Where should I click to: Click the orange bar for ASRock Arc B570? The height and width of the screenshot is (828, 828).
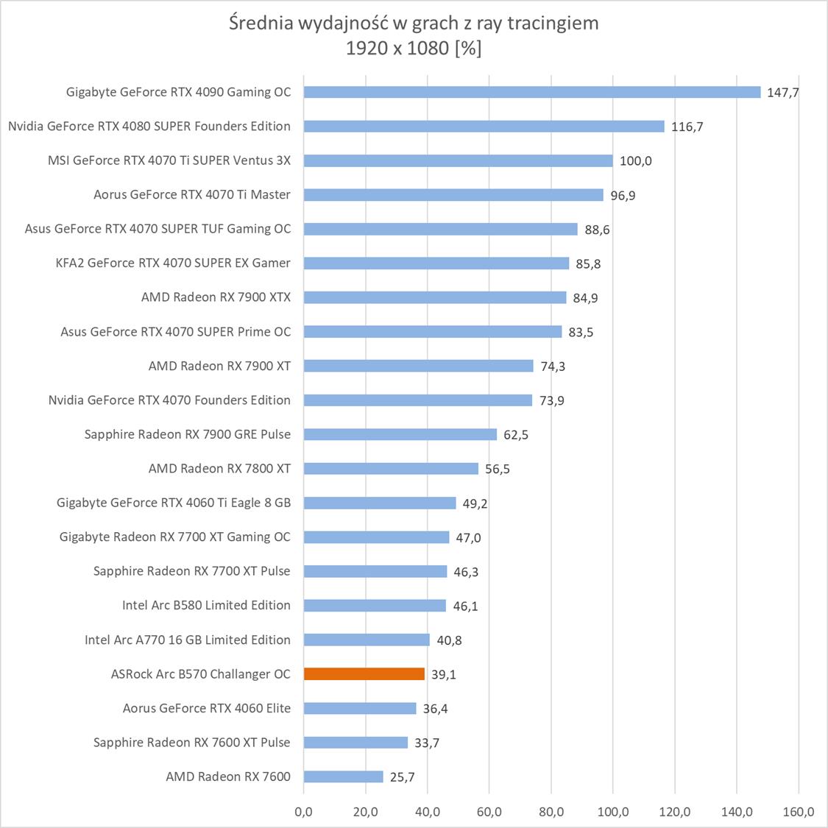click(364, 673)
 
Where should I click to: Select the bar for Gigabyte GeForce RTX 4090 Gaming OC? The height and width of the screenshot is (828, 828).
click(531, 92)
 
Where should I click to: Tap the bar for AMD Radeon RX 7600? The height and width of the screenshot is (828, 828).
click(343, 776)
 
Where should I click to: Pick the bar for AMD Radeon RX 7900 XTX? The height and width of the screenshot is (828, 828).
click(434, 297)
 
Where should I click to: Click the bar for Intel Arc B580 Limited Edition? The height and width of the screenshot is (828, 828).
click(375, 605)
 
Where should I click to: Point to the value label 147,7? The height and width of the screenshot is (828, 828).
click(782, 93)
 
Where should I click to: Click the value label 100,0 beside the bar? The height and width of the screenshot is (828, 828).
click(635, 161)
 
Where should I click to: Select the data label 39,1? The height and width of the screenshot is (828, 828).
click(443, 674)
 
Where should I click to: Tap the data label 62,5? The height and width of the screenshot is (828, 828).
click(515, 435)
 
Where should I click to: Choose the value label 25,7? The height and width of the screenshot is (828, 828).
click(402, 777)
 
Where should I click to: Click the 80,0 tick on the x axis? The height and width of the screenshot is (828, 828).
click(551, 812)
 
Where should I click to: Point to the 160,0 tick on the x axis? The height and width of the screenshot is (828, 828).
click(798, 812)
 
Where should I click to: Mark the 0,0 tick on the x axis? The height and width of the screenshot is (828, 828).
click(303, 812)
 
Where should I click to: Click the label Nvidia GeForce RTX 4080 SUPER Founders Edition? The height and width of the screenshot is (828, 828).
click(149, 127)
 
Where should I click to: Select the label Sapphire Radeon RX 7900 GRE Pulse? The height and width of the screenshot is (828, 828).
click(188, 434)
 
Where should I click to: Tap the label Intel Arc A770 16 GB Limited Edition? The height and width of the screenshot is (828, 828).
click(188, 640)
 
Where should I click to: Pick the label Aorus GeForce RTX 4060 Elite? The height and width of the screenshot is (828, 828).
click(207, 708)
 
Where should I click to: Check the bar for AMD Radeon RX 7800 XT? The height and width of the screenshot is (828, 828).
click(391, 468)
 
